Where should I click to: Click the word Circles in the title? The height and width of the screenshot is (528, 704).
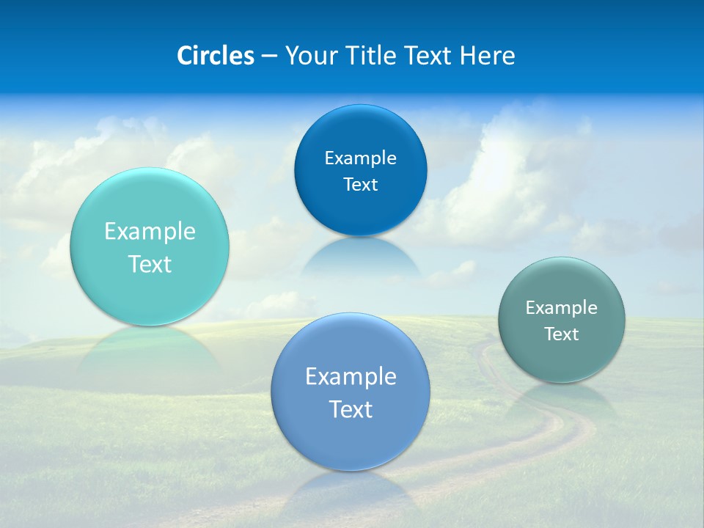[x=215, y=56]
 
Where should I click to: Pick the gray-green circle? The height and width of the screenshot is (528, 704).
[x=562, y=359]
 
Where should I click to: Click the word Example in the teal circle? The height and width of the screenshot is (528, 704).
[x=150, y=232]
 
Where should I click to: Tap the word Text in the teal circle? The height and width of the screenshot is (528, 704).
[x=150, y=264]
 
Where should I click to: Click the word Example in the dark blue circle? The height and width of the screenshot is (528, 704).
[x=360, y=158]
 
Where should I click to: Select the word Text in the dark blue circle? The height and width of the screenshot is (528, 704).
[x=360, y=184]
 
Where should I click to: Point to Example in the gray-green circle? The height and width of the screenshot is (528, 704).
[x=562, y=308]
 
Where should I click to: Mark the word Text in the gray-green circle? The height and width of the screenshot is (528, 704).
[x=562, y=334]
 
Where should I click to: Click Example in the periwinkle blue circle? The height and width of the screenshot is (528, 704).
[x=351, y=377]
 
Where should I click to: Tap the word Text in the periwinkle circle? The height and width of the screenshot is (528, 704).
[x=351, y=409]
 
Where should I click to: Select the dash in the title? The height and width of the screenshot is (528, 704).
[x=268, y=56]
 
